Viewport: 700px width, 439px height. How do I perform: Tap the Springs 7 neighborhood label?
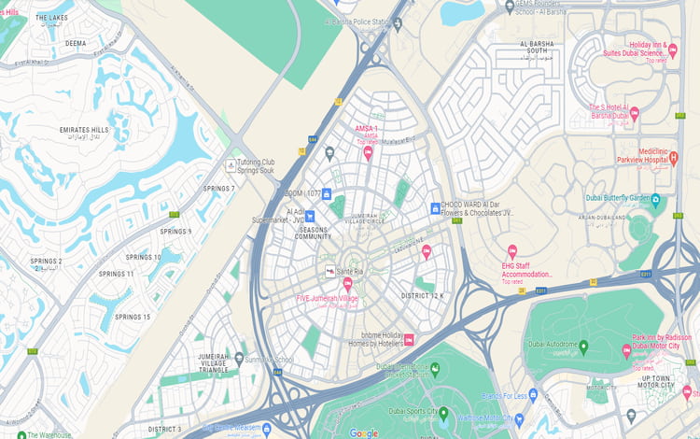(x=219, y=189)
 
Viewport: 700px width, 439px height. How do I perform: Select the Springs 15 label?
(x=133, y=318)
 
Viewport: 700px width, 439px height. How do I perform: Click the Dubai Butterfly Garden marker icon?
(x=656, y=199)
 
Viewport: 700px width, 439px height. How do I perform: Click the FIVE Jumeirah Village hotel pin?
(x=347, y=283)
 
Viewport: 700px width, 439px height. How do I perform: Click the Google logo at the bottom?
(x=364, y=432)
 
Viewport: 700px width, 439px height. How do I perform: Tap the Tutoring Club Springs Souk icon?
(x=231, y=165)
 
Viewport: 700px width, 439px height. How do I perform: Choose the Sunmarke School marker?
(x=239, y=358)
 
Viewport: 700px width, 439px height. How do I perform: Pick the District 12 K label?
(x=423, y=296)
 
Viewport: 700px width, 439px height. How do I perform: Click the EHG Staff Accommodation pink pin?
(x=511, y=251)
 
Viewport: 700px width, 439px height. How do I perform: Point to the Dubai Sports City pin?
(x=443, y=412)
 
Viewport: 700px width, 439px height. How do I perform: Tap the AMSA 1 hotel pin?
(x=368, y=151)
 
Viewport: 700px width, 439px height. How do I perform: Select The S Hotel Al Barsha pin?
(x=634, y=113)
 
